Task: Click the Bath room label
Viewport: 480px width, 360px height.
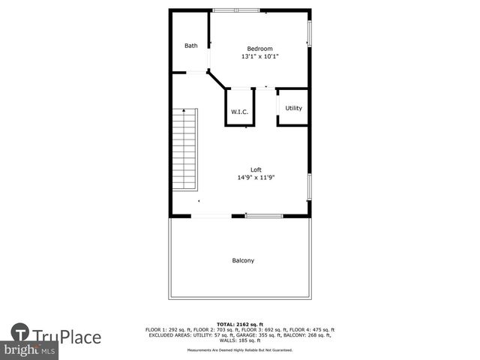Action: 191,46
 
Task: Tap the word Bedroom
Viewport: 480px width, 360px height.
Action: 259,49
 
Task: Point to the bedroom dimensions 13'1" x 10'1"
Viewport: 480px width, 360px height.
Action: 259,57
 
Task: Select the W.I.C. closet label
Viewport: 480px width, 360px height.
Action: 239,112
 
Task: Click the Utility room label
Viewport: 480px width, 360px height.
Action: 293,108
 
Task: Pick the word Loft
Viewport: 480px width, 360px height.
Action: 256,169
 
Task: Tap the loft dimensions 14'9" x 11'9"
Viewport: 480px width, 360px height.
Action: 256,178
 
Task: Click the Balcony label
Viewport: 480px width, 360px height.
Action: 243,261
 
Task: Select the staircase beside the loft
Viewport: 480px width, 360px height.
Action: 184,148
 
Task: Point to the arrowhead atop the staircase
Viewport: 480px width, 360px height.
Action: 184,110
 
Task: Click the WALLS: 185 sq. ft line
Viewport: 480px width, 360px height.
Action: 240,340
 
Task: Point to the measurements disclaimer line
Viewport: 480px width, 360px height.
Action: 240,349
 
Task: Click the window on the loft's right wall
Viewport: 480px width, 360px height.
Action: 309,186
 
